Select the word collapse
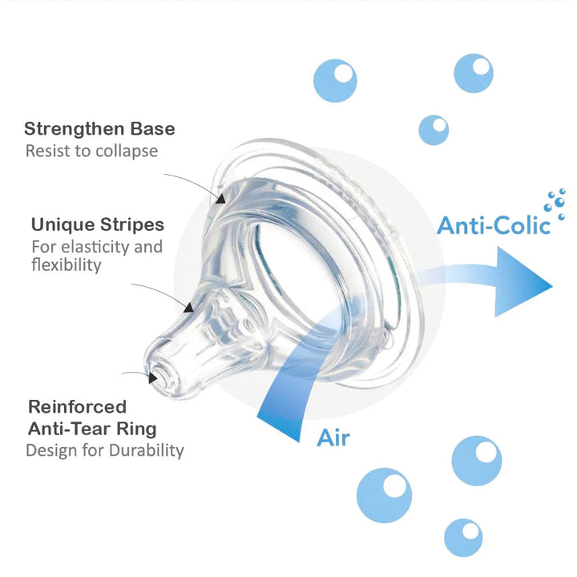[124, 151]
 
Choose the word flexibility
[67, 264]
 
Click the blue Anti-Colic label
[494, 225]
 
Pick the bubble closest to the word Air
[384, 490]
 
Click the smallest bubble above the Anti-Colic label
[434, 128]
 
